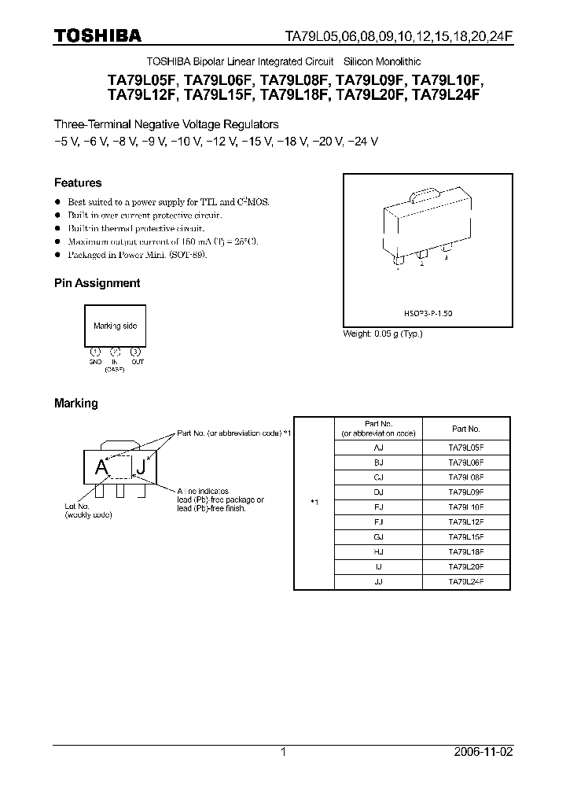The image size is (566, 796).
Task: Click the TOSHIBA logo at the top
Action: (97, 35)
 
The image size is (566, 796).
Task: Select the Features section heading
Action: (78, 182)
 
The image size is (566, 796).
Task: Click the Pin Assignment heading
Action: (97, 283)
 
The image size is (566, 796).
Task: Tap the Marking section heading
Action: (75, 403)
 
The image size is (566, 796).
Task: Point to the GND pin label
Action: (95, 362)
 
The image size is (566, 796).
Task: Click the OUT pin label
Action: (138, 362)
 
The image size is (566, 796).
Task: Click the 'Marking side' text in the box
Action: (115, 326)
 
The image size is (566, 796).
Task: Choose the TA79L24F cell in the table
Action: (466, 583)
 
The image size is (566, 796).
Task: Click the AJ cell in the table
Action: (379, 446)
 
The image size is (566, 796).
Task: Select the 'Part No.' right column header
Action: (466, 429)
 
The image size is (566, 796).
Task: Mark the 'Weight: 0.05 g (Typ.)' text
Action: (383, 334)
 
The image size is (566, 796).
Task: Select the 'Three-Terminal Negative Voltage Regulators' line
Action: (166, 124)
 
